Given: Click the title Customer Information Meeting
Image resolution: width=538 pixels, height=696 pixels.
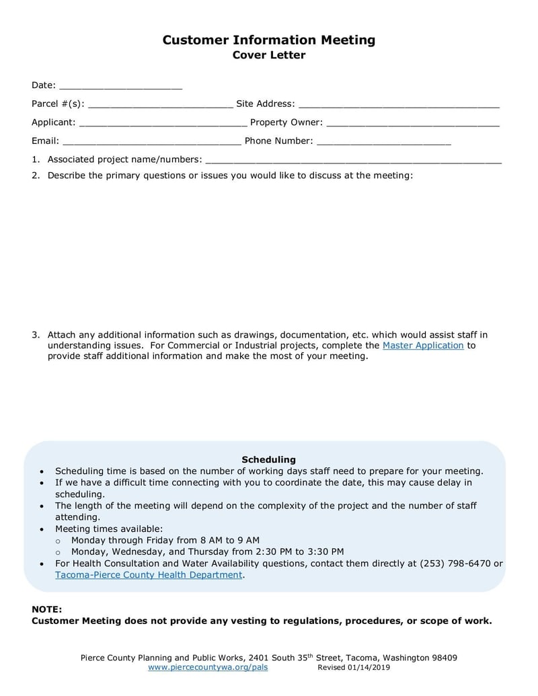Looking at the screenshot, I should coord(268,40).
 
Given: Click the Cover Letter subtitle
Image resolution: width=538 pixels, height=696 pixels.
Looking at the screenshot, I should coord(268,55).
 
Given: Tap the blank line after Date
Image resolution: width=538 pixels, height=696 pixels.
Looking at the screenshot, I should coord(120,86).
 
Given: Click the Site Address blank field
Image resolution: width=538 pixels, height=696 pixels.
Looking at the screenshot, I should coord(398,105).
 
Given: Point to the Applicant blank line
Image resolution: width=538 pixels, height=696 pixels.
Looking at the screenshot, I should coord(162,123).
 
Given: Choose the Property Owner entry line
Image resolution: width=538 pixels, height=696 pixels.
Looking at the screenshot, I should coord(412,123).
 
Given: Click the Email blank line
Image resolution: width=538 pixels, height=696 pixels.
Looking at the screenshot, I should coord(151,142).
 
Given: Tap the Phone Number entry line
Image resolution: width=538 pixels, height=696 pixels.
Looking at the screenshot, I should coord(383,142).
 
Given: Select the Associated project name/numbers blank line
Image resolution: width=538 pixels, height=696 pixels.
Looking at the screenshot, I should coord(353,160).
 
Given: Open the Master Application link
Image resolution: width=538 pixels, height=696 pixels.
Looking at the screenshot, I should coord(423,345).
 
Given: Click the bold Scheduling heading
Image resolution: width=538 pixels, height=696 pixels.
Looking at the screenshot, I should coord(268,459).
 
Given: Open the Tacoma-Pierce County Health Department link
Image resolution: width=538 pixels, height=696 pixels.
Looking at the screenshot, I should coord(148,575).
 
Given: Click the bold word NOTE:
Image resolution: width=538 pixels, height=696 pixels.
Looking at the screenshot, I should coord(46,609).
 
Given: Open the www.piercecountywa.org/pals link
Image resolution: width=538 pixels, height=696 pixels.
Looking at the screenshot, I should coord(212,668).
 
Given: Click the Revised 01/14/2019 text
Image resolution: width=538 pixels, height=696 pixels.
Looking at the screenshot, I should coord(353,668).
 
